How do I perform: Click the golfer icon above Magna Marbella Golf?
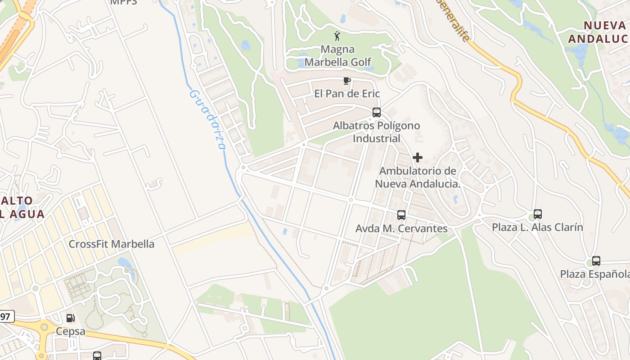point(337,36)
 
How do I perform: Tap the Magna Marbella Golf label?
point(337,55)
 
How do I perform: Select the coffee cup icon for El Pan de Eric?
point(346,81)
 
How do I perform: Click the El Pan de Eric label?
point(347,94)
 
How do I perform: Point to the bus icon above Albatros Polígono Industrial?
point(377,112)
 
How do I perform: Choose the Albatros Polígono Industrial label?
point(377,132)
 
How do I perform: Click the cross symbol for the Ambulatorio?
point(418,157)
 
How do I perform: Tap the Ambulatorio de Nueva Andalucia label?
point(418,177)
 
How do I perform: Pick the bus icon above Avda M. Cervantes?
point(401,215)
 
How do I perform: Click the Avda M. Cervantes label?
point(401,229)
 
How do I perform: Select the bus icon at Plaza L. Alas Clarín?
point(537,214)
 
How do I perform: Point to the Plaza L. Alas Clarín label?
point(537,227)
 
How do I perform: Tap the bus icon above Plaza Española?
point(596,261)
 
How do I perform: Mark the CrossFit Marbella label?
point(111,244)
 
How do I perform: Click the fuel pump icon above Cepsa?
point(71,318)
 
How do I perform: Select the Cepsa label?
point(71,331)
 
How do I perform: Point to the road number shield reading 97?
point(6,316)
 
